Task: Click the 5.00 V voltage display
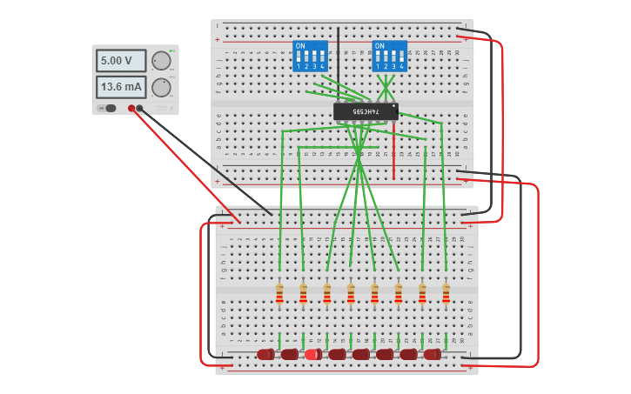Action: [120, 61]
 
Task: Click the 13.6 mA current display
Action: [120, 87]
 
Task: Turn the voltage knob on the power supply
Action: [161, 61]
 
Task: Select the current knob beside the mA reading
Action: [161, 87]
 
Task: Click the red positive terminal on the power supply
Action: [131, 109]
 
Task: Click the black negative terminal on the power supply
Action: [139, 109]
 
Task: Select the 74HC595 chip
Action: [366, 111]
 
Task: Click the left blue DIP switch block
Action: [310, 56]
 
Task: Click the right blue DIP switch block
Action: [389, 56]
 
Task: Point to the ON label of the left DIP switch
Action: [300, 45]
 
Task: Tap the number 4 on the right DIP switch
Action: [401, 67]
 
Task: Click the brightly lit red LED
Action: [312, 354]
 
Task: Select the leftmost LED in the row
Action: [265, 354]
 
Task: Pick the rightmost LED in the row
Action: [433, 354]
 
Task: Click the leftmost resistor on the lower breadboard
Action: [279, 294]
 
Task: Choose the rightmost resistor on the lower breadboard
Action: [446, 294]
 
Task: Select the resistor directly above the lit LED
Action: [327, 294]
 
